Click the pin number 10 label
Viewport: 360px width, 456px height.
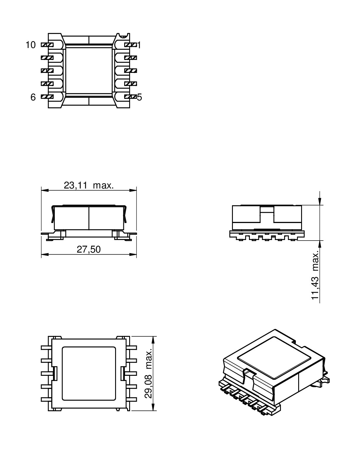(x=30, y=45)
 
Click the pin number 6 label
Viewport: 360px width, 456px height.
(x=33, y=97)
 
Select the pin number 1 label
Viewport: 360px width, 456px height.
(x=139, y=45)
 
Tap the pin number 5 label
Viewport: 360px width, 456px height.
(x=139, y=97)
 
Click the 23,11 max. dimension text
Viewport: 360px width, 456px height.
(x=89, y=185)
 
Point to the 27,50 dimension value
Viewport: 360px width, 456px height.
(x=89, y=249)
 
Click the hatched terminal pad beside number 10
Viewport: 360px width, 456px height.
(x=47, y=45)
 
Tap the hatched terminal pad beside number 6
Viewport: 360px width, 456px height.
(x=47, y=97)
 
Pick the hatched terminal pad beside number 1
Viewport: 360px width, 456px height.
(x=130, y=45)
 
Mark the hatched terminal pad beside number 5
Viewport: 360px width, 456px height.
(x=130, y=97)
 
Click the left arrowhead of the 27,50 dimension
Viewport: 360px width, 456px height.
(x=44, y=254)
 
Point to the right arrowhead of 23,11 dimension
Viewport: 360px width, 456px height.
(x=133, y=190)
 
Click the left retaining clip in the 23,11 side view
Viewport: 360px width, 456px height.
(x=53, y=214)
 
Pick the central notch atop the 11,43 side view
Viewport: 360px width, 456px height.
(x=267, y=210)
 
